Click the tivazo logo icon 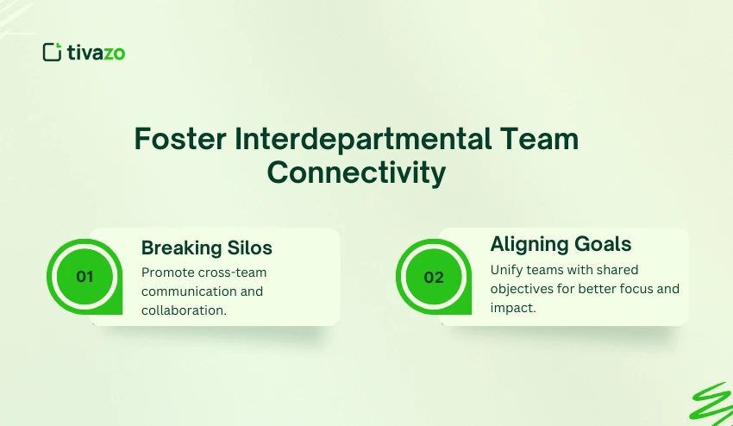pyautogui.click(x=52, y=52)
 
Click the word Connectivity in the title pyautogui.click(x=356, y=173)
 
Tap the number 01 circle pyautogui.click(x=85, y=277)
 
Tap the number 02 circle pyautogui.click(x=434, y=277)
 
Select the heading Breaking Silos pyautogui.click(x=206, y=248)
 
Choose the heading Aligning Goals pyautogui.click(x=561, y=243)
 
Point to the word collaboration pyautogui.click(x=184, y=310)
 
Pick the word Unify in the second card pyautogui.click(x=507, y=270)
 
